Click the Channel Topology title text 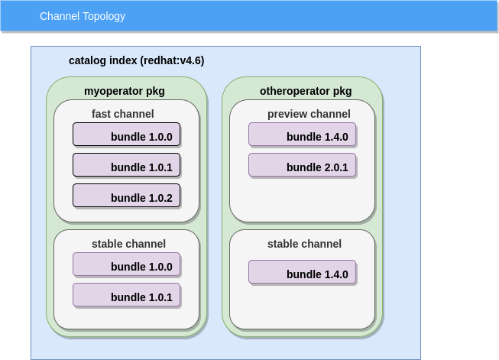[x=83, y=16]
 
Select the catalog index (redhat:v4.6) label [x=136, y=60]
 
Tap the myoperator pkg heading [x=124, y=91]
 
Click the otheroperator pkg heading [x=306, y=91]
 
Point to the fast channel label [x=122, y=114]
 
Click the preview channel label [x=309, y=114]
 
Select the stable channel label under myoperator [x=128, y=244]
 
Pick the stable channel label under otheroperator [x=304, y=244]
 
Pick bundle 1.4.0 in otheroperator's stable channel [x=303, y=273]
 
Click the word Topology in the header [x=103, y=16]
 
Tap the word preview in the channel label [x=286, y=114]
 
